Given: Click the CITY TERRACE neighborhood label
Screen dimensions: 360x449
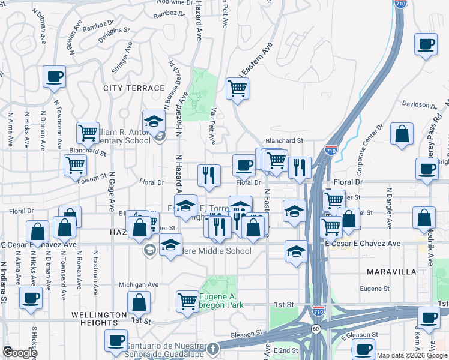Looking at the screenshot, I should (x=134, y=88).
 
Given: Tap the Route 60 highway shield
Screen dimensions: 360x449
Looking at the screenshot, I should (x=315, y=329).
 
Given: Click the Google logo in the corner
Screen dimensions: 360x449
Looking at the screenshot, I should (x=20, y=353).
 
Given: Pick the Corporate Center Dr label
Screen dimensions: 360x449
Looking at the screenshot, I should (x=368, y=145).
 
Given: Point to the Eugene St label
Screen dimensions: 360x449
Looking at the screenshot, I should (x=376, y=289).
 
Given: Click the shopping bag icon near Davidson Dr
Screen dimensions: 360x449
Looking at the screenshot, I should (x=402, y=134).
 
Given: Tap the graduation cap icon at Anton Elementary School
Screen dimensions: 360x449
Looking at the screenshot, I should (x=154, y=121).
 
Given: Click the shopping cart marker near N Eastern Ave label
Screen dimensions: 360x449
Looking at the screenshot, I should (x=237, y=88).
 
